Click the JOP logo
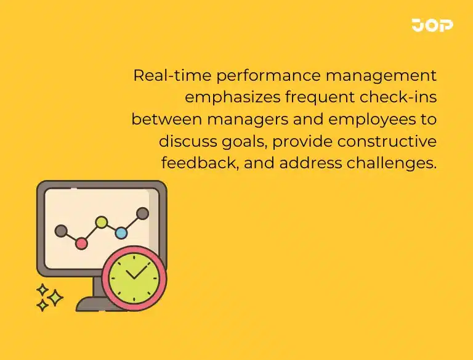coord(432,25)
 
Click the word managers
coord(243,119)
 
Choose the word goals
coord(243,141)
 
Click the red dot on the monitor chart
coord(81,243)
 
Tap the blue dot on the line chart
coord(121,233)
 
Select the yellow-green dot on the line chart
coord(102,221)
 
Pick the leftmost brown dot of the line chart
coord(60,231)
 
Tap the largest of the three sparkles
coord(55,298)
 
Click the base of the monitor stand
coord(92,305)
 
